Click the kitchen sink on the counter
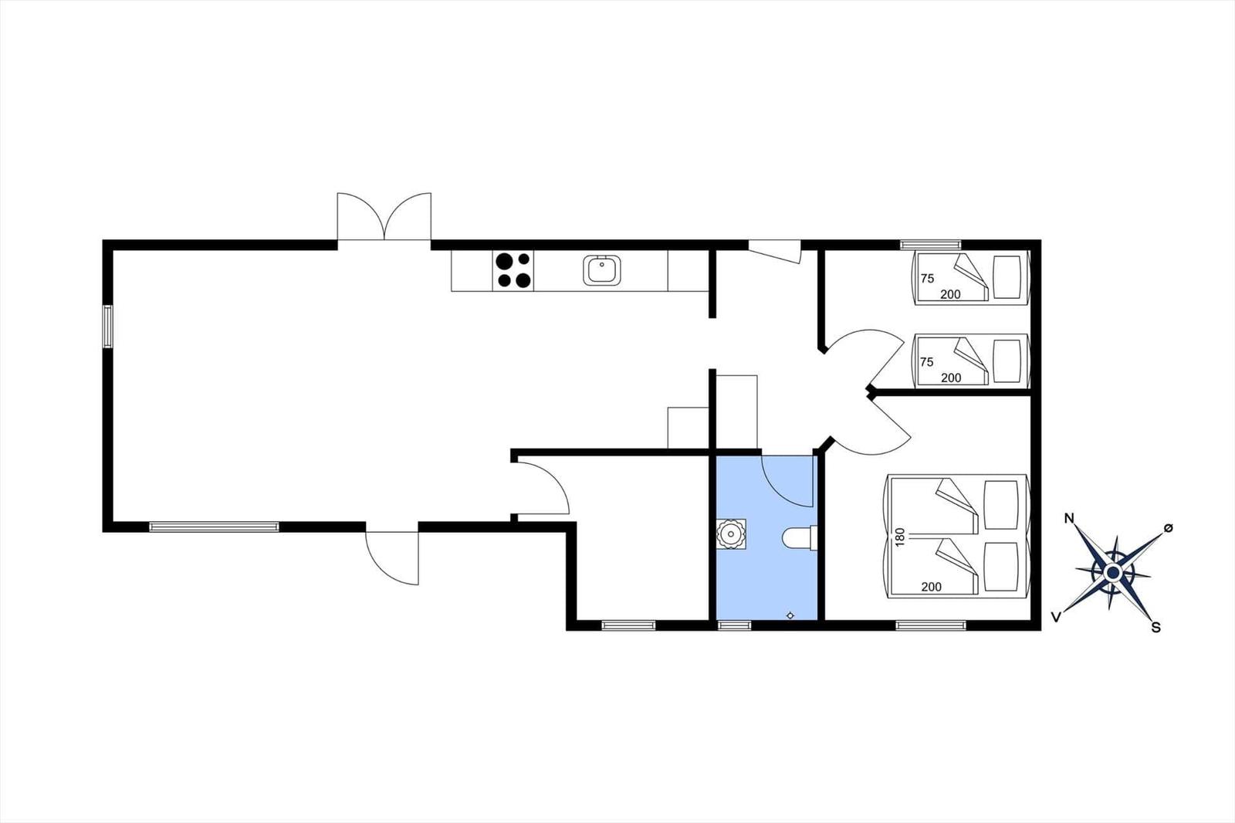pos(601,270)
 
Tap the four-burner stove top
pos(513,271)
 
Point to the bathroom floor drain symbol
pos(790,615)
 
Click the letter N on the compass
pos(1069,518)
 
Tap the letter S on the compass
pos(1155,628)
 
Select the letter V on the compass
pos(1056,616)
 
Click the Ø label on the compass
pos(1168,527)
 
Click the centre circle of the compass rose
pos(1112,573)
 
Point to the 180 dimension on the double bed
pos(900,537)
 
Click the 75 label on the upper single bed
pos(927,279)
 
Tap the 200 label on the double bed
pos(932,587)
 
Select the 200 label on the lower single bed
pos(951,378)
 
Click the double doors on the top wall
pos(384,218)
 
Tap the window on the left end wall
pos(108,327)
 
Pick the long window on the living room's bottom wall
pos(214,527)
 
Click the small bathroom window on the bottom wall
pos(734,625)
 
